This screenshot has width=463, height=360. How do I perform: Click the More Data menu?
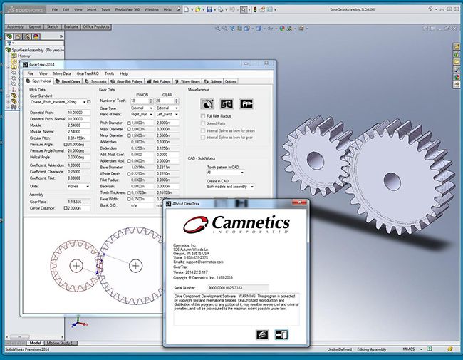(62, 73)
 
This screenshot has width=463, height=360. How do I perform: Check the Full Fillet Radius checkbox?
(202, 115)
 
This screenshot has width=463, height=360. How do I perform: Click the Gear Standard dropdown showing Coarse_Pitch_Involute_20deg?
(60, 102)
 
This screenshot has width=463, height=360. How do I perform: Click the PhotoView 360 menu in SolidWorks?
(126, 11)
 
